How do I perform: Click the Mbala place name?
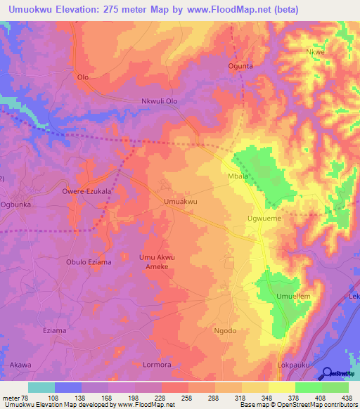pos(237,176)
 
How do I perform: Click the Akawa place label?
pos(21,365)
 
